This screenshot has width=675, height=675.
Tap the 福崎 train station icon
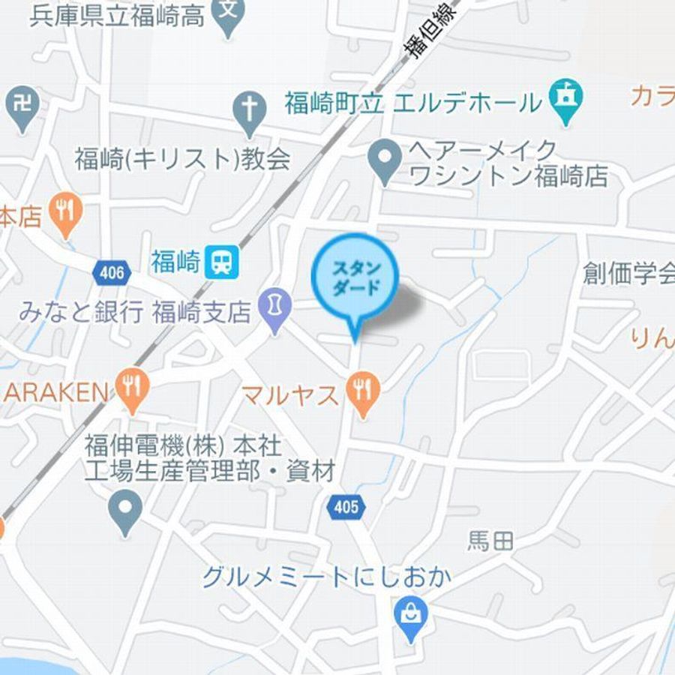[221, 262]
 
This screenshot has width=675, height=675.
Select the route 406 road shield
[112, 272]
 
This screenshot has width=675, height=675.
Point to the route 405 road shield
[346, 507]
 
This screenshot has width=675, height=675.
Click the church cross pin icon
[250, 112]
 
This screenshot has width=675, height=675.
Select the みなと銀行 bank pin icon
[275, 309]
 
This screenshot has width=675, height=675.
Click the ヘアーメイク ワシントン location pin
[385, 160]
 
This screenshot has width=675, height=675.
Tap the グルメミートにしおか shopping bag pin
[410, 616]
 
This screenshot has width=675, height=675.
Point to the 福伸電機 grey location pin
[124, 509]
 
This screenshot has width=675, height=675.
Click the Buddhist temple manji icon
[23, 105]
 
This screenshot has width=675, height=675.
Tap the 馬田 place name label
[491, 541]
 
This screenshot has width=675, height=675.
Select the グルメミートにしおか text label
[328, 577]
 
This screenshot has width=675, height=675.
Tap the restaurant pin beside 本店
[66, 211]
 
